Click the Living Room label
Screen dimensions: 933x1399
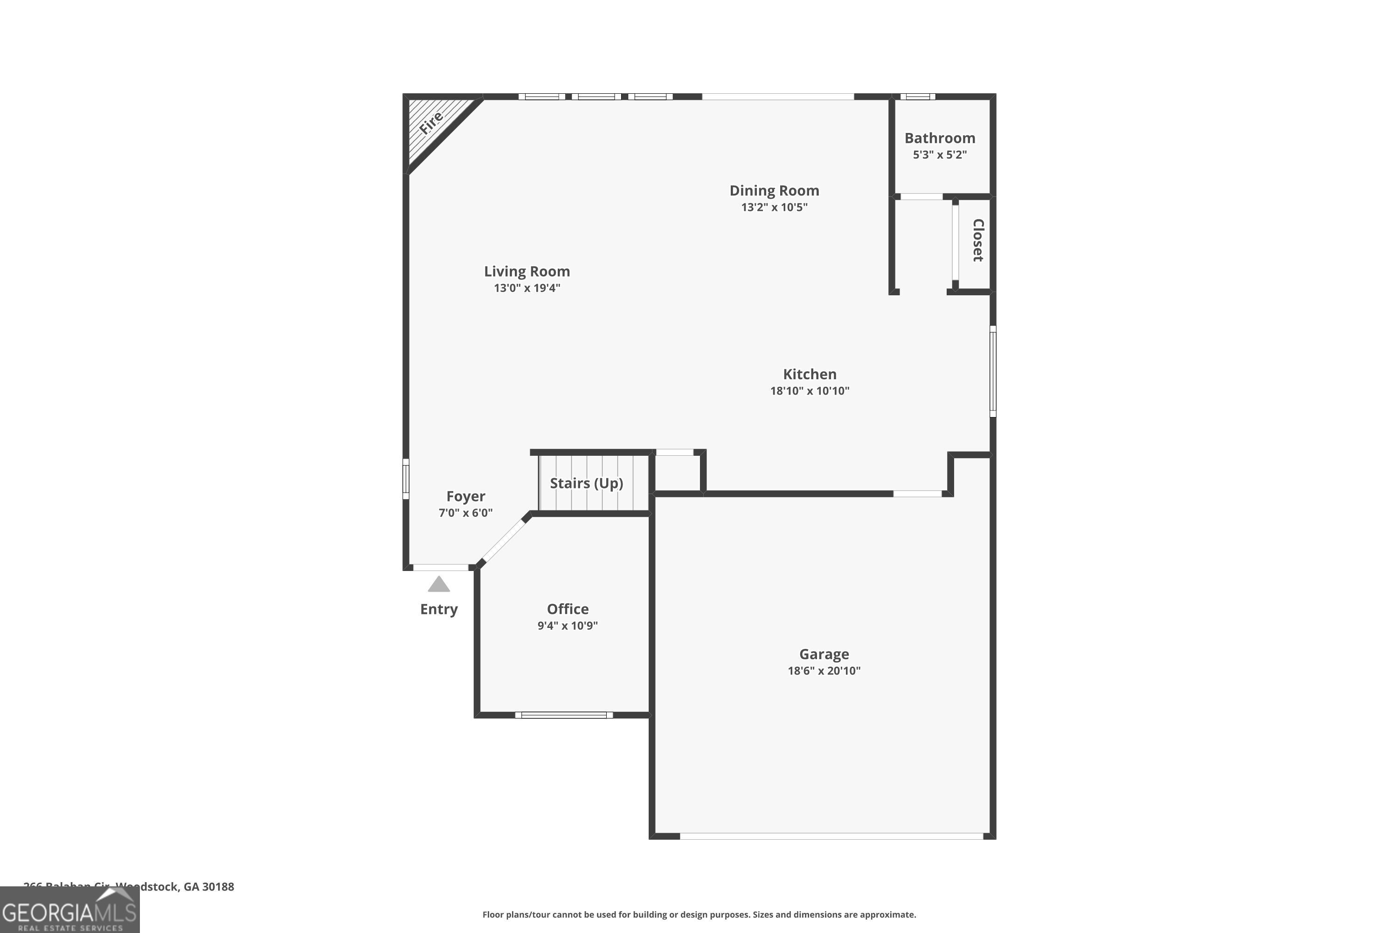526,272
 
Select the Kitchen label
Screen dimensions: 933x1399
810,374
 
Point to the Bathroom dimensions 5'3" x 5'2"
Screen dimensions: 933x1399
939,155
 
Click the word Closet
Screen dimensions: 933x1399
978,240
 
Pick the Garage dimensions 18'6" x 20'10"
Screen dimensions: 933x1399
824,671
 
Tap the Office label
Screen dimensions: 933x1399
568,609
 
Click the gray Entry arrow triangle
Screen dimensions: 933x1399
439,585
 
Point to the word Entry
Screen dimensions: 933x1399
439,609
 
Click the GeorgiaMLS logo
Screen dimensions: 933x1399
69,911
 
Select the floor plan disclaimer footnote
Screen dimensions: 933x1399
699,914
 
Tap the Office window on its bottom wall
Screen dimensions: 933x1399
563,715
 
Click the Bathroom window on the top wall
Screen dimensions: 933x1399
917,97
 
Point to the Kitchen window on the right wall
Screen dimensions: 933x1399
992,371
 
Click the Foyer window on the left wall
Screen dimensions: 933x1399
406,479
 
